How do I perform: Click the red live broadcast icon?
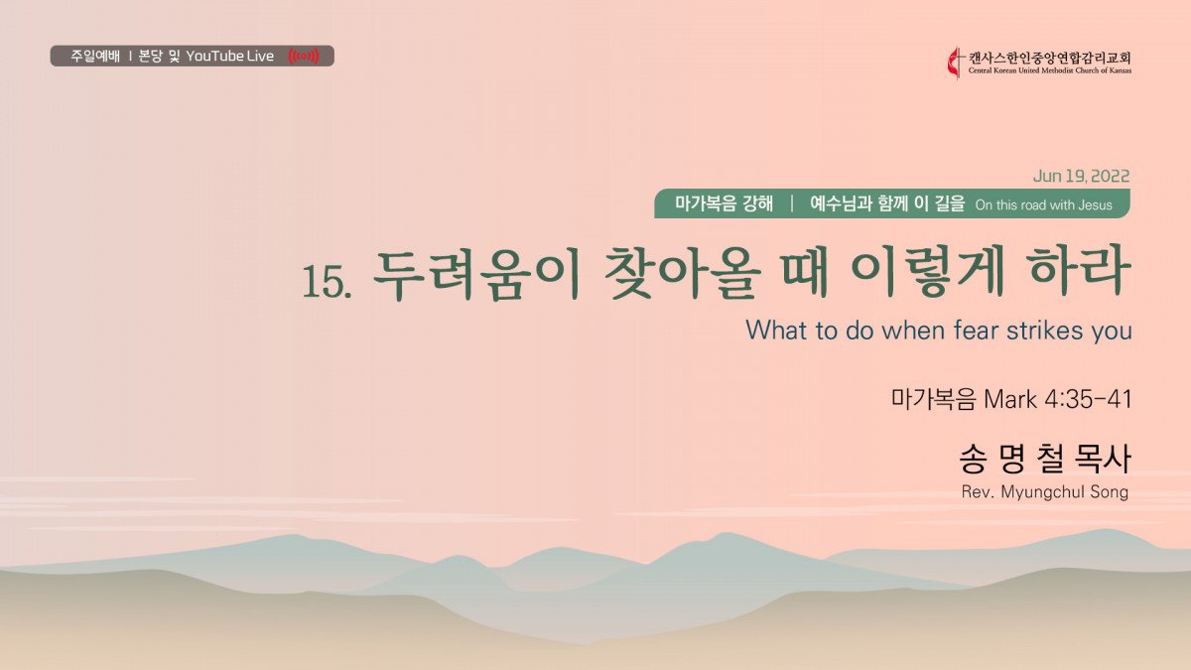pyautogui.click(x=304, y=56)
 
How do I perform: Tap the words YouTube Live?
pyautogui.click(x=229, y=56)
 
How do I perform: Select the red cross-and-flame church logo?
pyautogui.click(x=956, y=63)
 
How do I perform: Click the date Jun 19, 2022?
pyautogui.click(x=1081, y=176)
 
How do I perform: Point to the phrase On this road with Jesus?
pyautogui.click(x=1044, y=204)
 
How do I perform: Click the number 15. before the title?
pyautogui.click(x=327, y=281)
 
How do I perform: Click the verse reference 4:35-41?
pyautogui.click(x=1088, y=399)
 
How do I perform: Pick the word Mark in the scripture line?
pyautogui.click(x=1010, y=399)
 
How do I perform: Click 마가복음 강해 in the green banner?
pyautogui.click(x=724, y=203)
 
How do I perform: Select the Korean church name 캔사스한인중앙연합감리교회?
pyautogui.click(x=1050, y=58)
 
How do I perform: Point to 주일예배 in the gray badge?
pyautogui.click(x=95, y=56)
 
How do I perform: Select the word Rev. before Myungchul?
pyautogui.click(x=978, y=492)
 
